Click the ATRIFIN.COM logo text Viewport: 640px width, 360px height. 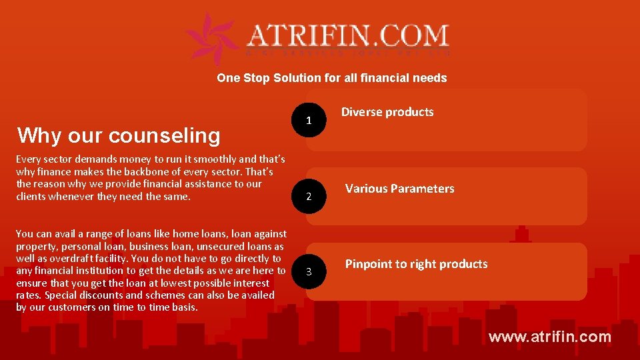[x=348, y=35]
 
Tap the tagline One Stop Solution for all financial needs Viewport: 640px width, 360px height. [x=331, y=78]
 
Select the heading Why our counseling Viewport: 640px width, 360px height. [x=119, y=135]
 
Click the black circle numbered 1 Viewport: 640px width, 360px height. [x=308, y=121]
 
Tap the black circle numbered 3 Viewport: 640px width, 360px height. [x=308, y=271]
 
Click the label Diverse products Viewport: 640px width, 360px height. [x=387, y=112]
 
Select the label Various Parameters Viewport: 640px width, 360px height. [x=399, y=189]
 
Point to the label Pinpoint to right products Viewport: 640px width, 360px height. [x=416, y=264]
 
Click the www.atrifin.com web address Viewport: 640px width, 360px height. [x=549, y=337]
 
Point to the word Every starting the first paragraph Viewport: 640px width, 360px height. [x=28, y=159]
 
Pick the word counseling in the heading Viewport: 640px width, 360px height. [x=164, y=135]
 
